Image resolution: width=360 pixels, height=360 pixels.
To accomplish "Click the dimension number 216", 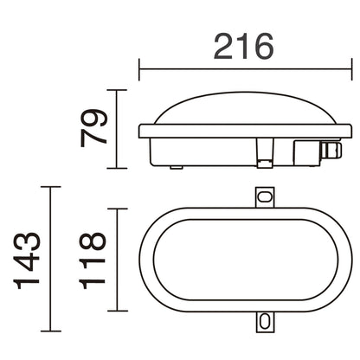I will click(x=245, y=46).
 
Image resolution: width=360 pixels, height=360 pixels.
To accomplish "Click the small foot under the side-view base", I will click(x=176, y=165).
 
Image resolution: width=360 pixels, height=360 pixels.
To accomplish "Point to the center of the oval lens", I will click(x=246, y=260).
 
